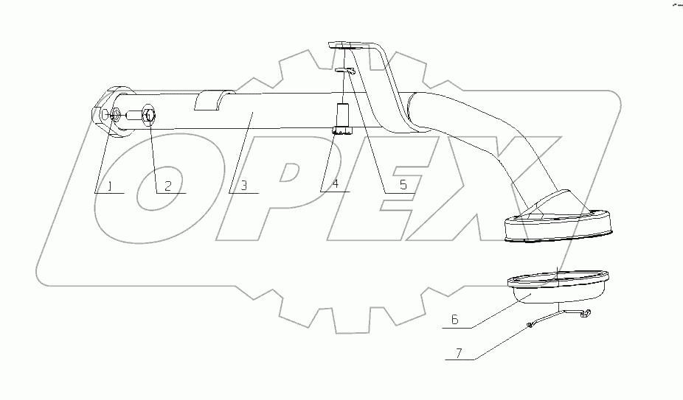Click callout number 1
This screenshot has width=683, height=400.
pos(110,186)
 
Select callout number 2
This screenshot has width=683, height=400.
pos(167,186)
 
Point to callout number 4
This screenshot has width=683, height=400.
pos(335,186)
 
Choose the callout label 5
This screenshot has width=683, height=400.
pos(403,186)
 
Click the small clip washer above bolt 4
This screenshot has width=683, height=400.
pos(345,71)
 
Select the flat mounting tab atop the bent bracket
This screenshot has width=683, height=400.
pos(346,46)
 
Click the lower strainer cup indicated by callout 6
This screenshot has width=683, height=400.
pos(557,288)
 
